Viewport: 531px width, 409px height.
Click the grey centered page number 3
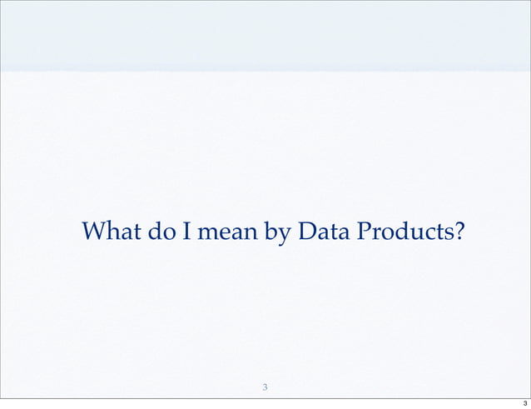(265, 387)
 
